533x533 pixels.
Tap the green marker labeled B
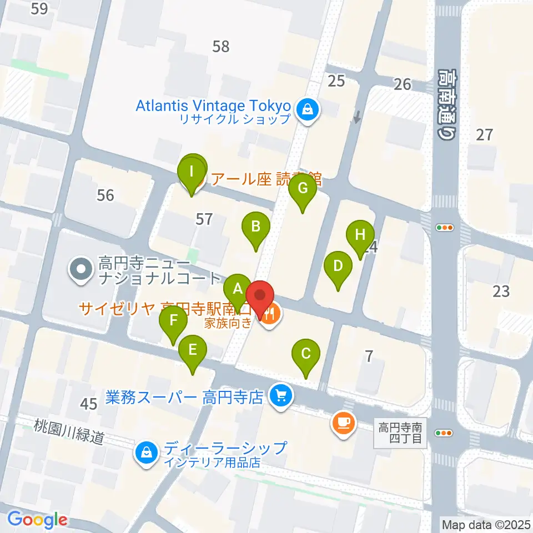point(255,227)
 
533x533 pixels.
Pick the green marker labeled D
point(338,266)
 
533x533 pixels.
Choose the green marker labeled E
point(193,350)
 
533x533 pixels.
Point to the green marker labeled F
point(173,321)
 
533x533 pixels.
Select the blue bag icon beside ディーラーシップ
point(145,453)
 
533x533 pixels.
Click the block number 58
point(221,46)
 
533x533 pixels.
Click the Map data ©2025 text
point(486,524)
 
